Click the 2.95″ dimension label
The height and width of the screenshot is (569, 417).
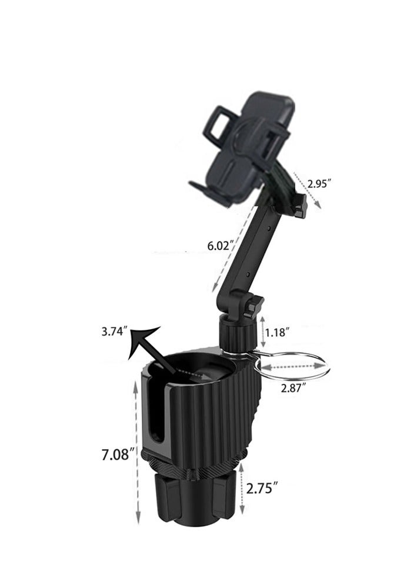pyautogui.click(x=319, y=183)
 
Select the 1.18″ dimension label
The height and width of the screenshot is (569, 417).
pyautogui.click(x=278, y=332)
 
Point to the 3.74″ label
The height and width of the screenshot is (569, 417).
pyautogui.click(x=115, y=332)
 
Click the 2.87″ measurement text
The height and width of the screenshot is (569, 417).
pyautogui.click(x=292, y=388)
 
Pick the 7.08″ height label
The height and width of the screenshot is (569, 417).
pyautogui.click(x=115, y=454)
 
